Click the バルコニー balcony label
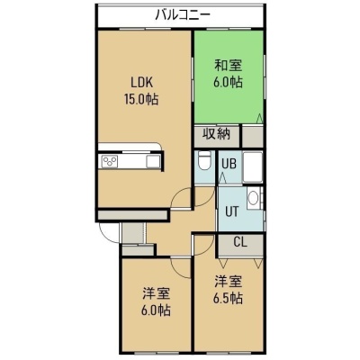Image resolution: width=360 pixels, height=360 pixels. click(183, 14)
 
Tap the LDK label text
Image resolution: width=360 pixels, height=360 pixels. click(141, 83)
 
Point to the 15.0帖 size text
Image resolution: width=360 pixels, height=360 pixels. click(141, 99)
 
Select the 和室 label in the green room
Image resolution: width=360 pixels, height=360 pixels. click(228, 66)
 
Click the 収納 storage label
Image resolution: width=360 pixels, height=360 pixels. click(216, 134)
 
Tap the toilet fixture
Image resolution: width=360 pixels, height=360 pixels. click(205, 160)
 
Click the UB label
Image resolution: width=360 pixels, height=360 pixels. click(229, 164)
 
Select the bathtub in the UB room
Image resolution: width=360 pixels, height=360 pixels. click(253, 166)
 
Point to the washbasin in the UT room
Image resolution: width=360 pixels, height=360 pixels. click(254, 198)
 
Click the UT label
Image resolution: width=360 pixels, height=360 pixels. click(232, 212)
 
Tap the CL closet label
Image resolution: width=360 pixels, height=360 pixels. click(240, 242)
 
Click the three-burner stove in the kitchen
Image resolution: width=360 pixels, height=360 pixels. click(110, 162)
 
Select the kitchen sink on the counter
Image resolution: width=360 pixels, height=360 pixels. click(154, 162)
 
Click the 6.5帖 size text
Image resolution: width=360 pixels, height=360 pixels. click(228, 299)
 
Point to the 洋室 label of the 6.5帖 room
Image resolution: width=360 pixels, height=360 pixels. click(228, 282)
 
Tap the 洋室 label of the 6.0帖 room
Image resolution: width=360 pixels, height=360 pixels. click(156, 293)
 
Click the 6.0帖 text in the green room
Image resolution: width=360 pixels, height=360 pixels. click(228, 82)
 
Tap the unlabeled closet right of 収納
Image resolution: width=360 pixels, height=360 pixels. click(253, 137)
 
